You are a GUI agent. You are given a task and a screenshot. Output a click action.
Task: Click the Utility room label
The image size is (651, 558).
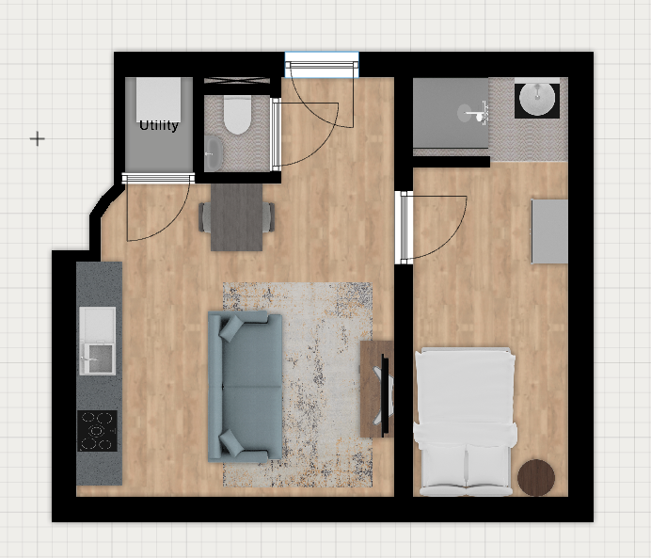click(159, 125)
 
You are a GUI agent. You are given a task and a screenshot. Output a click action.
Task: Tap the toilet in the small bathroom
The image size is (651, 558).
click(237, 115)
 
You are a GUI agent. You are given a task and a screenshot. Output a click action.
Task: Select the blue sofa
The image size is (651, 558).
click(245, 387)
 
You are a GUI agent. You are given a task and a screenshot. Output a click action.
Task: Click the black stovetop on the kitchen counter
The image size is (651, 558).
click(97, 431)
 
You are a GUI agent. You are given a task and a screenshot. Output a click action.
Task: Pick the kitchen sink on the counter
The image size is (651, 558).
click(98, 341)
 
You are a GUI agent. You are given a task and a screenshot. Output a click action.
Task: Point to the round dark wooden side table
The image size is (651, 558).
click(536, 477)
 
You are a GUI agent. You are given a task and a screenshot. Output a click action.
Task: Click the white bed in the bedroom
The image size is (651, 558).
click(466, 422)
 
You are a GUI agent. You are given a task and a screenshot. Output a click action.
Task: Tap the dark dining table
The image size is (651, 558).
click(237, 217)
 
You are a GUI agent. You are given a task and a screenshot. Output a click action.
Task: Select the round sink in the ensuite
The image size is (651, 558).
click(537, 99)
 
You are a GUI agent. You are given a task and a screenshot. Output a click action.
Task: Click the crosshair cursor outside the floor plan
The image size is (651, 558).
click(38, 138)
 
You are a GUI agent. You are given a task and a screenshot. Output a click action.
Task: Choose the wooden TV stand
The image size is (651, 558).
click(376, 389)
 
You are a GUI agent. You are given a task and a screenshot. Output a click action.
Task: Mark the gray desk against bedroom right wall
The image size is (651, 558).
click(549, 231)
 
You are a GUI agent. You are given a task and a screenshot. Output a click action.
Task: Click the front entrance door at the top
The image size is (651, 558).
click(322, 95)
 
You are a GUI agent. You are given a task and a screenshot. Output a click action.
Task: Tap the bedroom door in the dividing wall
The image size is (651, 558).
click(432, 227)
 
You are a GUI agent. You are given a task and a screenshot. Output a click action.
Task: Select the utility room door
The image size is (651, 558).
click(158, 207)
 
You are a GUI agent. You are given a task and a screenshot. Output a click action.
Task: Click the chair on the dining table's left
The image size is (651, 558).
click(205, 216)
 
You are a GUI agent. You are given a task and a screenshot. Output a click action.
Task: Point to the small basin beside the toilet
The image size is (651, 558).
click(214, 153)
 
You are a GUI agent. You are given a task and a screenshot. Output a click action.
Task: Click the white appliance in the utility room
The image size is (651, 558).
click(159, 100)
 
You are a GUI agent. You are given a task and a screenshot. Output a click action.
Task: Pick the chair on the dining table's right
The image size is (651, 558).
click(268, 216)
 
